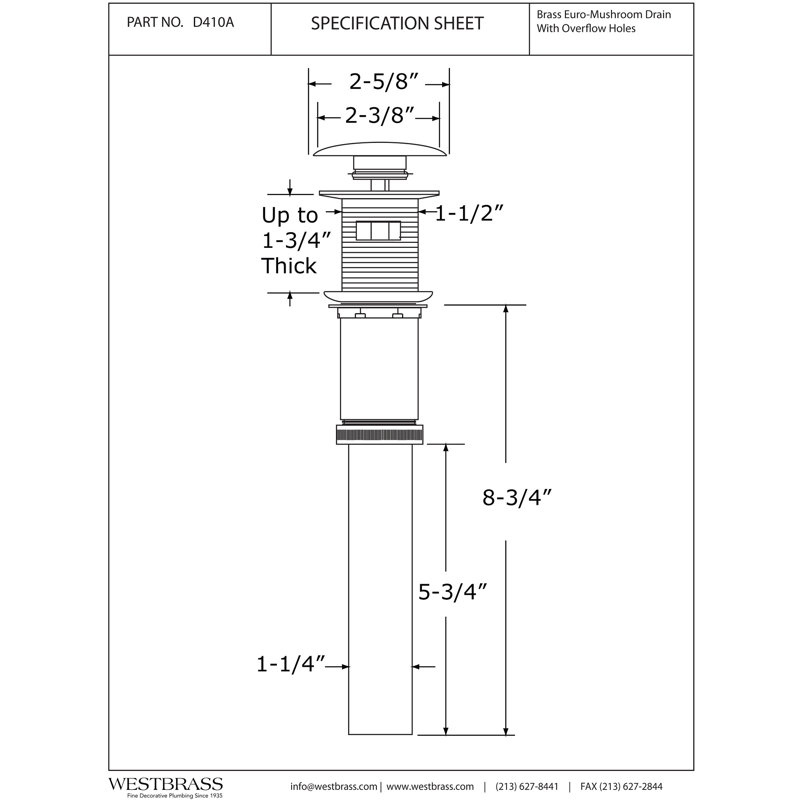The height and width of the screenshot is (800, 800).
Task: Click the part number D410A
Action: click(x=213, y=22)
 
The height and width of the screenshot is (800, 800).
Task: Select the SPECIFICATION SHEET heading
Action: click(x=397, y=23)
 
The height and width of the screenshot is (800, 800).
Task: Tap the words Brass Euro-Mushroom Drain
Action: click(x=604, y=15)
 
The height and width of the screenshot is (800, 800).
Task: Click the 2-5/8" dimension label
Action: click(x=378, y=82)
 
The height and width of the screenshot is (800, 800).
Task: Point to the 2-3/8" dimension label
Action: click(x=378, y=116)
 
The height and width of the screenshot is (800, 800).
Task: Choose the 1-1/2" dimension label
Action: click(x=468, y=213)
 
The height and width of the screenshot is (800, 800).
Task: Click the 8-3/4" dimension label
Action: click(x=516, y=497)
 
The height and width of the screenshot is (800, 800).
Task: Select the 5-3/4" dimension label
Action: click(x=453, y=592)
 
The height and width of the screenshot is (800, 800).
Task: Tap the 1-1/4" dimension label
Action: click(x=290, y=664)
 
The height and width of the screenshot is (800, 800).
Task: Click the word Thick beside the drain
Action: click(x=289, y=266)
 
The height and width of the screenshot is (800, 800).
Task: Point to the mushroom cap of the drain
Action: click(x=380, y=149)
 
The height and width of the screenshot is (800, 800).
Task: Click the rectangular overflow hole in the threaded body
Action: click(x=378, y=230)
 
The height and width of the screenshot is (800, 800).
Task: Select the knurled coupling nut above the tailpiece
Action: click(x=380, y=434)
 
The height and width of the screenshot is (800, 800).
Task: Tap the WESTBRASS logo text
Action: click(x=166, y=784)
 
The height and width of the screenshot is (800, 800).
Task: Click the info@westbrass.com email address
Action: click(x=334, y=787)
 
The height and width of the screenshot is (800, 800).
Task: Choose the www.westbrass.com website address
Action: click(x=430, y=787)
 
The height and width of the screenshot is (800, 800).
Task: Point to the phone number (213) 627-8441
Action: click(x=527, y=787)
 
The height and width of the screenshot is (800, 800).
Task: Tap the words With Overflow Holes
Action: click(x=586, y=29)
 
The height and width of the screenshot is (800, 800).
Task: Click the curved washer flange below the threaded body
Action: click(x=379, y=297)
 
